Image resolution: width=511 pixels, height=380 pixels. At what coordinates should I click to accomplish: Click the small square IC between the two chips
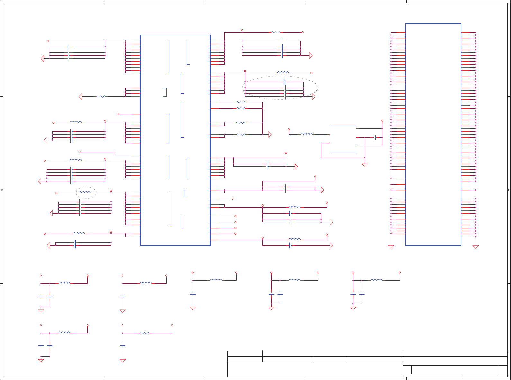coord(343,139)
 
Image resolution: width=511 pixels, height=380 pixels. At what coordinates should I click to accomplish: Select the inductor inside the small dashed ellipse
coord(85,193)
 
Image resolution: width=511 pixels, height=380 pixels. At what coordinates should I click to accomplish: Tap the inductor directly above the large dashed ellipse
coord(283,73)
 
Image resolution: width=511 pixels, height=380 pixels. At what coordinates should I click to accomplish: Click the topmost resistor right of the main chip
coord(276,32)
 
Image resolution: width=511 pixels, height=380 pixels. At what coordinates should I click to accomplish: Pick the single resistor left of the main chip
coord(101,96)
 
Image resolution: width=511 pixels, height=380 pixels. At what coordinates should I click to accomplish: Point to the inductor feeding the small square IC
coord(306,134)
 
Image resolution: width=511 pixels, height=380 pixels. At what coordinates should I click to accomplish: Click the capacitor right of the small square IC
coord(375,138)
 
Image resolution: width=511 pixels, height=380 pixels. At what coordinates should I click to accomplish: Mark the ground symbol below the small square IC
coord(365,165)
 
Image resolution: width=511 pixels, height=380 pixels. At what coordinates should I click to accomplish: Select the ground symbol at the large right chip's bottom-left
coord(391,247)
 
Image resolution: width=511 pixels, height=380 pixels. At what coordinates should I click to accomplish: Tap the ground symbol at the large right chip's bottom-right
coord(476,247)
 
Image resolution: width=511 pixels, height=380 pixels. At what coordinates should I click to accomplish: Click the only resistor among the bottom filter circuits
coord(144,333)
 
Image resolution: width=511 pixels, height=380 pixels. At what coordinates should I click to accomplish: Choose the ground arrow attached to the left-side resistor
coord(80,96)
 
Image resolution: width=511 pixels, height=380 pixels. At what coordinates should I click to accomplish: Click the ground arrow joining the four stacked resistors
coord(270,135)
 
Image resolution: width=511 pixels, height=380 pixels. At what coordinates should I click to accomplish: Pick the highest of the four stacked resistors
coord(241,102)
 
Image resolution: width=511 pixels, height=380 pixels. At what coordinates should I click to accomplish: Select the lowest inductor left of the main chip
coord(79,233)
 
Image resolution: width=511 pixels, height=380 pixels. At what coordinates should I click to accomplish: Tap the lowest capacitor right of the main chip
coord(290,245)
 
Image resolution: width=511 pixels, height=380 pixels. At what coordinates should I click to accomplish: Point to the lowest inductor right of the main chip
coord(295,239)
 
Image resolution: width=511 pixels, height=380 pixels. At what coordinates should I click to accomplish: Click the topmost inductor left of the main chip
coord(76,122)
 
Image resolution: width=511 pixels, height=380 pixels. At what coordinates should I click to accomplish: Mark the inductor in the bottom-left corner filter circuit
coord(64,333)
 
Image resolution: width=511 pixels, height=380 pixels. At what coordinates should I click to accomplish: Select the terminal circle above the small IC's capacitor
coord(382,121)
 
